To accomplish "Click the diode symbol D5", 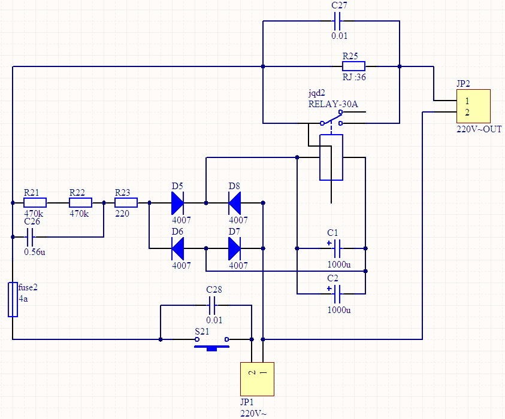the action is coord(177,203).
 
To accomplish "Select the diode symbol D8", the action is coord(234,203).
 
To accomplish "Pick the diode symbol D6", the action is coord(177,248).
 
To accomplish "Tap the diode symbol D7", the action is coord(234,248).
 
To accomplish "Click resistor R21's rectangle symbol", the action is coord(35,203).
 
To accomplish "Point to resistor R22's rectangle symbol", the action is coord(80,203).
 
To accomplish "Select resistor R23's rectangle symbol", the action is coord(126,203).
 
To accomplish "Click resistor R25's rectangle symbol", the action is coord(353,66).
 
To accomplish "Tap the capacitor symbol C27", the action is coord(337,21).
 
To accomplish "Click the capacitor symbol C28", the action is coord(213,305).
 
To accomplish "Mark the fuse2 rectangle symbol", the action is coord(13,300).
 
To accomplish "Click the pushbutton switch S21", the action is coord(211,343).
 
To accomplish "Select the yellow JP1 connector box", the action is coord(258,379).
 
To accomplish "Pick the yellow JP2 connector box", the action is coord(473,106).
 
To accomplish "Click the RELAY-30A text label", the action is coord(333,104).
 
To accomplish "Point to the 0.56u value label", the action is coord(35,251).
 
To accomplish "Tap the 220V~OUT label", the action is coord(479,129).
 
